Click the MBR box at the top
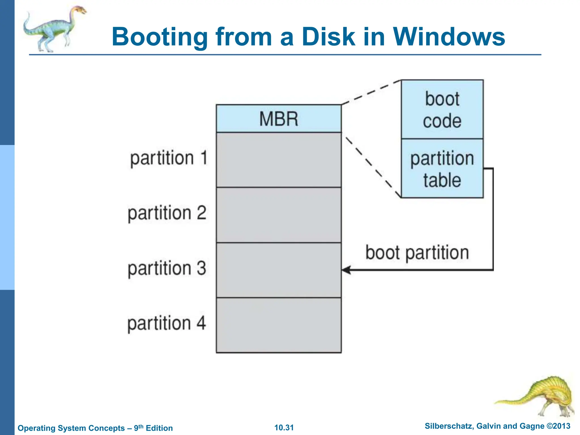pos(279,118)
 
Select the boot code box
pos(442,110)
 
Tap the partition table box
pos(442,169)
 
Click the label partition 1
pos(169,158)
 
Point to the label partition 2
pos(167,213)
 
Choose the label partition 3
pos(167,268)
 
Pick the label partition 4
pos(167,323)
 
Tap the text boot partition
pos(417,253)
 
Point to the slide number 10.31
pos(284,428)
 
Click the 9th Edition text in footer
pos(153,428)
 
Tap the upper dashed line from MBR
pos(371,92)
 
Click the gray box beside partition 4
pos(279,325)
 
